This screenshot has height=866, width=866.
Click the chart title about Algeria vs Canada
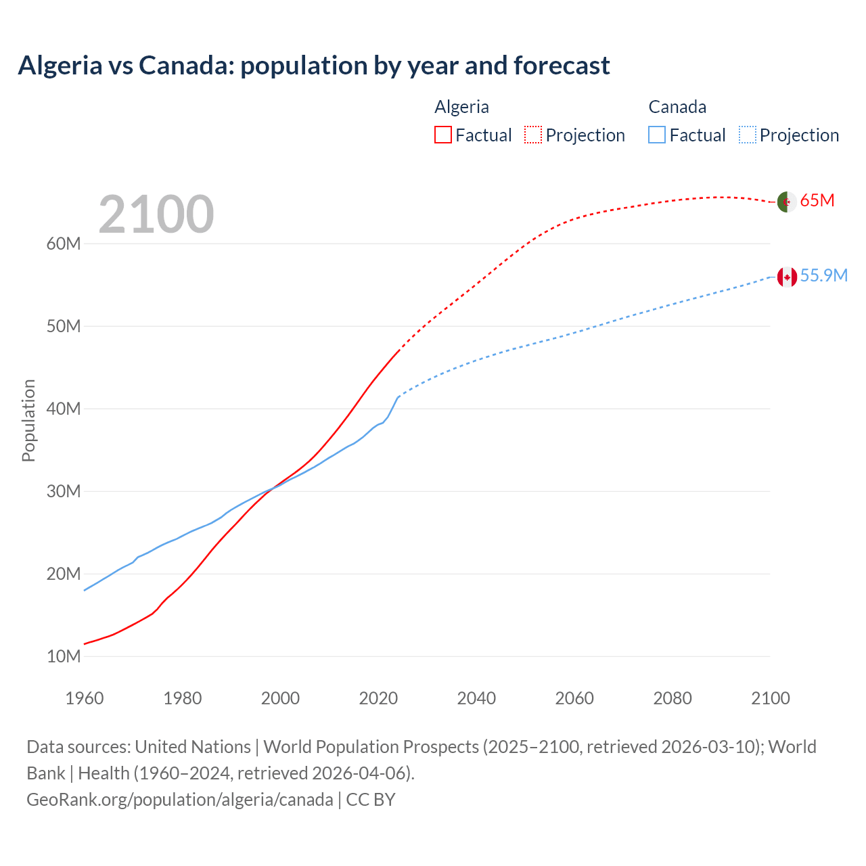pyautogui.click(x=314, y=66)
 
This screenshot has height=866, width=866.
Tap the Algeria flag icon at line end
pyautogui.click(x=786, y=201)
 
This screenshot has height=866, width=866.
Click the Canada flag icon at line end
pyautogui.click(x=786, y=277)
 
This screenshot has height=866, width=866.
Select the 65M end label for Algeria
pyautogui.click(x=817, y=201)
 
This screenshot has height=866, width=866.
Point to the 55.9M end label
pyautogui.click(x=823, y=276)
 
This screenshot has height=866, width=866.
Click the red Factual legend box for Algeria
pyautogui.click(x=443, y=135)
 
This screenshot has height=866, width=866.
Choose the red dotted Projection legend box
pyautogui.click(x=533, y=135)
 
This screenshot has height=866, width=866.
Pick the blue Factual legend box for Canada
pyautogui.click(x=657, y=135)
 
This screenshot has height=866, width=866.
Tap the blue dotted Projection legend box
pyautogui.click(x=748, y=135)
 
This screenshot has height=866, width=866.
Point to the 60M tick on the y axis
pyautogui.click(x=64, y=244)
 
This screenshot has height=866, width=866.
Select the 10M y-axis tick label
pyautogui.click(x=64, y=657)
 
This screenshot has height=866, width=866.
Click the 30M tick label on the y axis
pyautogui.click(x=64, y=492)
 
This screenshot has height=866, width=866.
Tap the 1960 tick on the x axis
pyautogui.click(x=85, y=698)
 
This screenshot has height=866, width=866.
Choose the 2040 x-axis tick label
pyautogui.click(x=476, y=698)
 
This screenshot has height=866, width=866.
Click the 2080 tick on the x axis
pyautogui.click(x=673, y=698)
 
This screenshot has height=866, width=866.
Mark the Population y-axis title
pyautogui.click(x=28, y=420)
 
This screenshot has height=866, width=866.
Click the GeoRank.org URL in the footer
pyautogui.click(x=179, y=800)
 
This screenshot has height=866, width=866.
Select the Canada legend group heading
pyautogui.click(x=677, y=107)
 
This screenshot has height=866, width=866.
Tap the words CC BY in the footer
pyautogui.click(x=371, y=800)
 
